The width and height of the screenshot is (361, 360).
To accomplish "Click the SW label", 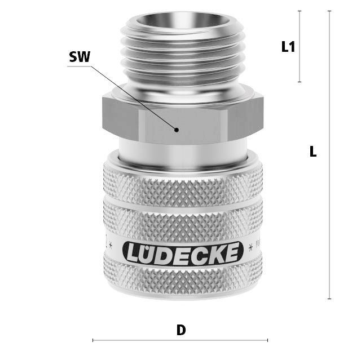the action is click(x=80, y=57).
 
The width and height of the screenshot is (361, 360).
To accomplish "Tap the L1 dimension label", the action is click(x=288, y=47).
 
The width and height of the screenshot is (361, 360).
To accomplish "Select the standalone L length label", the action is click(x=313, y=151).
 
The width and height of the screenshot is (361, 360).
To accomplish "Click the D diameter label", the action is click(x=181, y=330).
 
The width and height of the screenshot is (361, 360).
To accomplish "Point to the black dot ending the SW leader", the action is click(x=177, y=130).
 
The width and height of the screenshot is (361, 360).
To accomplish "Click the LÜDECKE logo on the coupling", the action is click(x=183, y=254).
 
